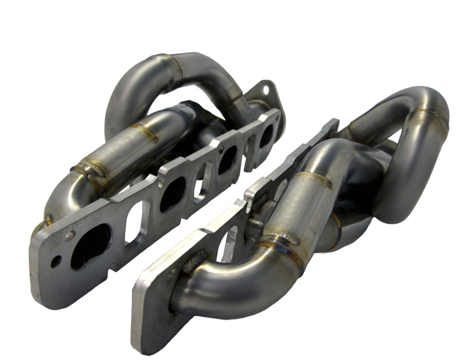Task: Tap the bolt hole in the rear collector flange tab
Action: pos(266,89)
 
